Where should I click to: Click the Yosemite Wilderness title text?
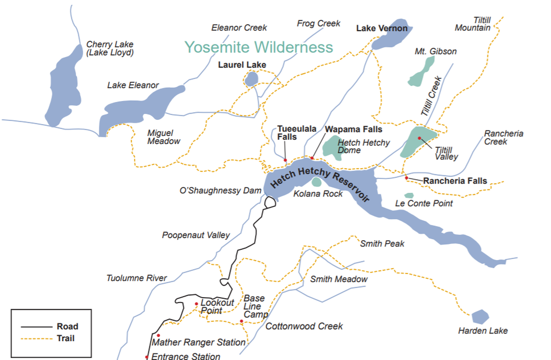(259, 47)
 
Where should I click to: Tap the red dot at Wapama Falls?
(312, 158)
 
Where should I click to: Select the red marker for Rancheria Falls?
(406, 178)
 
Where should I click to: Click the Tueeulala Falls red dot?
(285, 160)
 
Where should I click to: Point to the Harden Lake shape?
(479, 317)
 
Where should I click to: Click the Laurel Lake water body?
(251, 79)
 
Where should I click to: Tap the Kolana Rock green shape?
(316, 182)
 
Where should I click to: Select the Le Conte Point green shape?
(409, 195)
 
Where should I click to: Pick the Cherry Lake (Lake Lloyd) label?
(110, 48)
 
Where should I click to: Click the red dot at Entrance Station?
(146, 357)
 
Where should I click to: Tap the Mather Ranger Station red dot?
(158, 335)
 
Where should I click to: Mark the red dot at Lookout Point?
(196, 304)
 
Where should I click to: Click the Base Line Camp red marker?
(241, 321)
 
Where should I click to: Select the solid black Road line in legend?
(34, 326)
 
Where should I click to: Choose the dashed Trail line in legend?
(34, 338)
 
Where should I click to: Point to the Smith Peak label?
(382, 244)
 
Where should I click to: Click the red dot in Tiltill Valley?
(420, 138)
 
